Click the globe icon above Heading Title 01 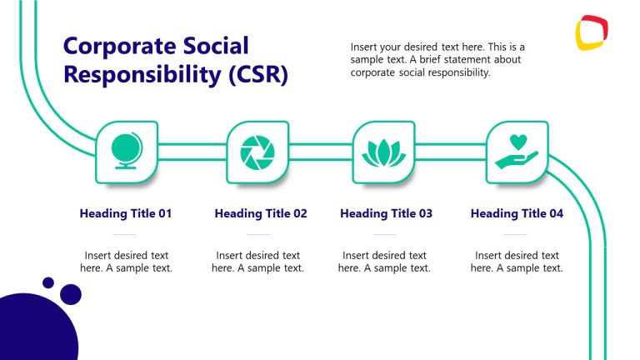tap(127, 152)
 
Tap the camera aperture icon tap(257, 152)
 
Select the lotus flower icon tap(384, 152)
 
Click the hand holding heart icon tap(517, 152)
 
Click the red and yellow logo tap(592, 34)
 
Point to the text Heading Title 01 tap(126, 213)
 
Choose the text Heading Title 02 tap(261, 213)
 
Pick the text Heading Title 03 tap(386, 213)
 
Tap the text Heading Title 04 tap(517, 213)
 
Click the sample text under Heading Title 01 tap(127, 262)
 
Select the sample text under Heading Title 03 tap(384, 262)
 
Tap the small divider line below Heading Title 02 tap(257, 235)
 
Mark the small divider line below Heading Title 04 tap(516, 235)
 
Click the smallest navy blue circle tap(48, 282)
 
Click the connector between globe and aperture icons tap(192, 152)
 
